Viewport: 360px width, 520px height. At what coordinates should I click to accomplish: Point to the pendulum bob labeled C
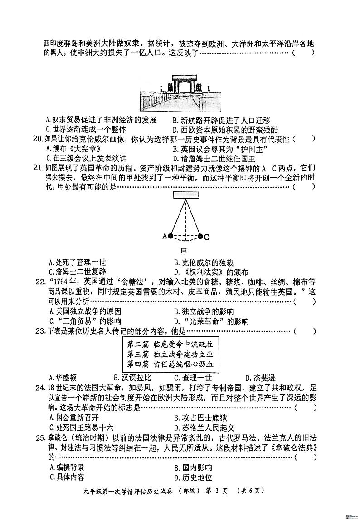pos(200,236)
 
